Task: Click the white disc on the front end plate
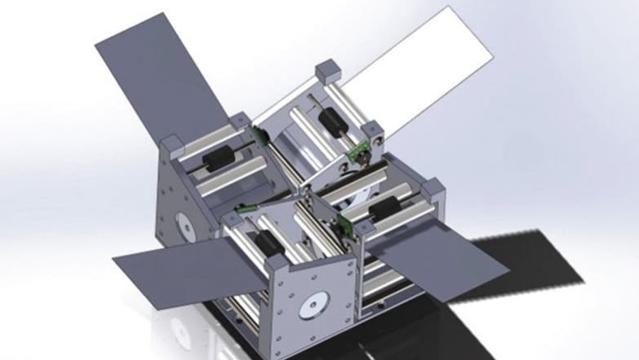[x=311, y=308]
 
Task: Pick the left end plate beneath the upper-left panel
[x=184, y=204]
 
